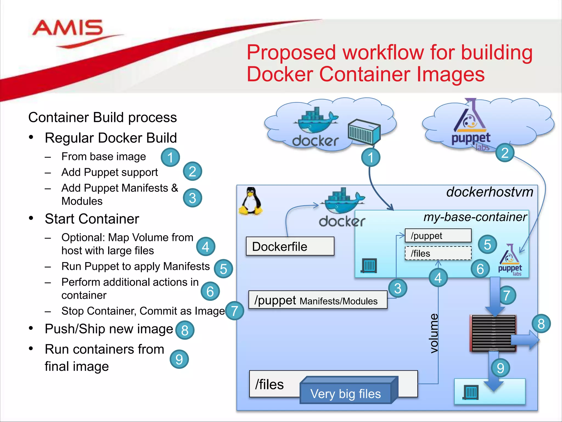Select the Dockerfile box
click(x=290, y=246)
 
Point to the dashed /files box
click(x=438, y=253)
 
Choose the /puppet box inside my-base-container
click(x=438, y=236)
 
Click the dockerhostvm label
click(x=490, y=192)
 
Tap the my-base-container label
click(x=475, y=217)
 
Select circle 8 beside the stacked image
click(x=541, y=324)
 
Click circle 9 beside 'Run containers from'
click(x=179, y=359)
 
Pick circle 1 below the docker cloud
click(x=370, y=157)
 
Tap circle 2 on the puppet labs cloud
click(x=505, y=153)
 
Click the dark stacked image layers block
click(x=493, y=333)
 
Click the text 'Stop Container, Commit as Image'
click(x=143, y=311)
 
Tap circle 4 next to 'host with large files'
click(x=206, y=246)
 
